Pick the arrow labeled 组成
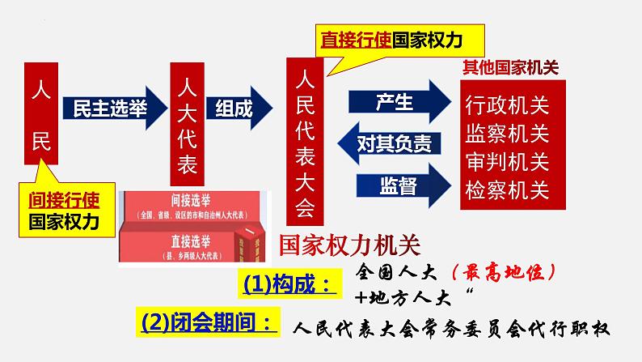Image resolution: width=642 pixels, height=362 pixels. (239, 109)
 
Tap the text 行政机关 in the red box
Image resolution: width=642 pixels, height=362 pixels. (507, 105)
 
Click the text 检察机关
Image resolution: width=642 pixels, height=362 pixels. (507, 190)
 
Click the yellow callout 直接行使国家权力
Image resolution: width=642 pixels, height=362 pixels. (391, 38)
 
